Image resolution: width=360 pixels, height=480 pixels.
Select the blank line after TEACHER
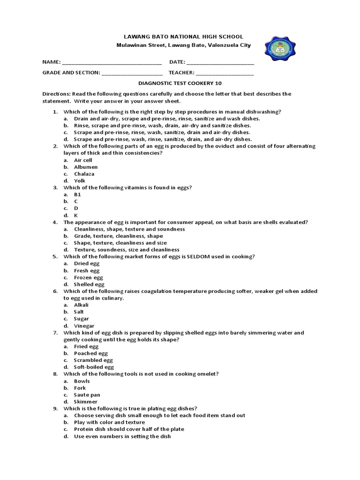225,73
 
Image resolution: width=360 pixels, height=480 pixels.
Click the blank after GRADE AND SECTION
132,73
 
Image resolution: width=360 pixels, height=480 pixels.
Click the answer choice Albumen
85,167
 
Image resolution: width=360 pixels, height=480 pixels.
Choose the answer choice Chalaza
84,174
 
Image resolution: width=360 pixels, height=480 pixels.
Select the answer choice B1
77,194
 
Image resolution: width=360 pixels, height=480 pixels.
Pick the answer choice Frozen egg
88,277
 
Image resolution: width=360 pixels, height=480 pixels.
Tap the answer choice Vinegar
84,326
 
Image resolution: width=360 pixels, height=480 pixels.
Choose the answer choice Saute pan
87,395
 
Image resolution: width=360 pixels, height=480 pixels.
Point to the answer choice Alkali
81,305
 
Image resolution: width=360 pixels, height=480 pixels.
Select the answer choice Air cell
83,160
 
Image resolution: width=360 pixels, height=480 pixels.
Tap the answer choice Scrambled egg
93,360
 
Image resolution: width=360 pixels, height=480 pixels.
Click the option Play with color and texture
109,422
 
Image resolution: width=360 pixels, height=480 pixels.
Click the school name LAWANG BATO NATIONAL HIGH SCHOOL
183,37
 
